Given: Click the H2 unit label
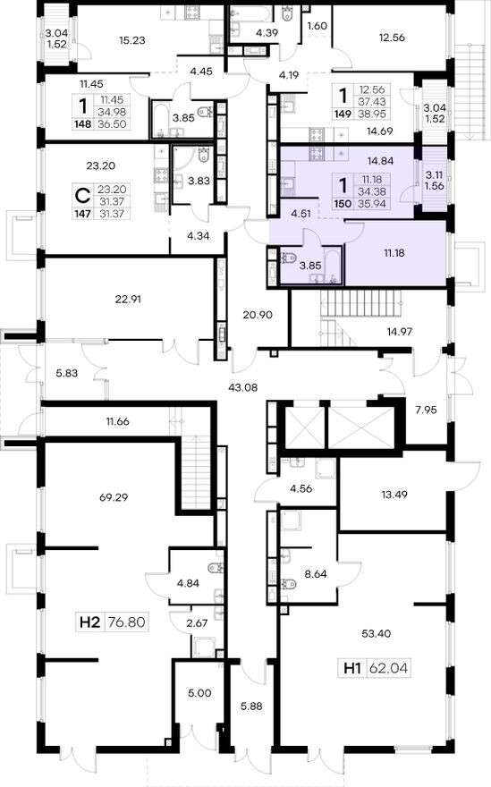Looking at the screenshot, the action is click(x=90, y=622).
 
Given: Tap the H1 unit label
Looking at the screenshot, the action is click(x=353, y=669).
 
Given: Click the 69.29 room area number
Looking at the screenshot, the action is click(x=114, y=497).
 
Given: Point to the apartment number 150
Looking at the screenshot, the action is click(x=343, y=204).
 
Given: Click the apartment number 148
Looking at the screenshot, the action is click(x=83, y=124).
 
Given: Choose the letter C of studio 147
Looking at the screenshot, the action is click(x=82, y=193).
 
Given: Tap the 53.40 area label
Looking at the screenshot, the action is click(x=376, y=633).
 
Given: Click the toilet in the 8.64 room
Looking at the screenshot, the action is click(x=288, y=584).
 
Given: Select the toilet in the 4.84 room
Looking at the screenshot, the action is click(x=215, y=569).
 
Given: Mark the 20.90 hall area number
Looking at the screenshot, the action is click(x=257, y=315).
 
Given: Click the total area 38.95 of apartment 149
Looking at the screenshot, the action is click(x=372, y=114).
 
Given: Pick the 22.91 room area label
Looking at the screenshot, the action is click(x=128, y=299).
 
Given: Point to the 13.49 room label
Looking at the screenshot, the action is click(x=394, y=495).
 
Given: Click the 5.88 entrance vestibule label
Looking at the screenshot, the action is click(x=251, y=706).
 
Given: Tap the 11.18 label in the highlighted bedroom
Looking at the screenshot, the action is click(x=394, y=253).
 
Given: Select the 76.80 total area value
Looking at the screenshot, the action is click(x=127, y=622).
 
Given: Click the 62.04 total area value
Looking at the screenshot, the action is click(x=389, y=669).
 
